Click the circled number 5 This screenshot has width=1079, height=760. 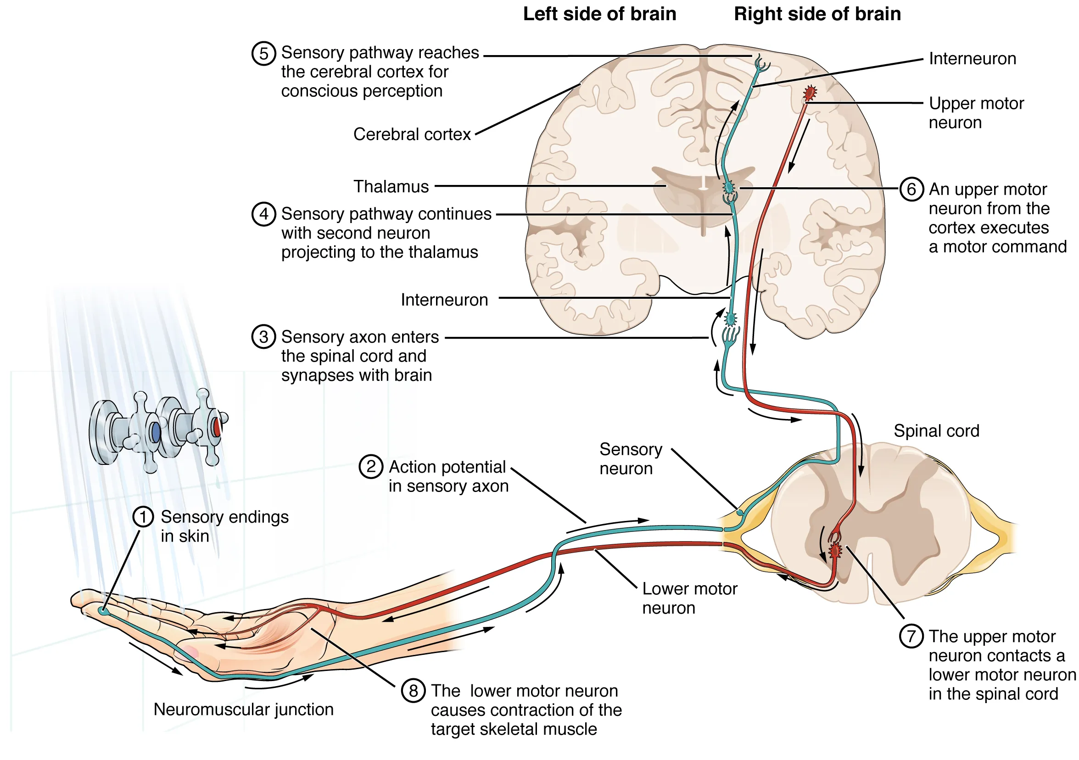coord(263,53)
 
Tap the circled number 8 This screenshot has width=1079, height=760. coord(413,690)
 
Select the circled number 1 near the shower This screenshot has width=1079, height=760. coord(143,517)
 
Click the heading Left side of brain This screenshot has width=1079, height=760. coord(599,14)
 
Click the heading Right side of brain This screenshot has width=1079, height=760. coord(817,14)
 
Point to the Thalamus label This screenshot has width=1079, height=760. coord(391,187)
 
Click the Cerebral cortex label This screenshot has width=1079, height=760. coord(412,134)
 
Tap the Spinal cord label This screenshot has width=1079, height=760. coord(936,430)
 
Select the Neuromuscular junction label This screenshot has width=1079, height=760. coord(243,709)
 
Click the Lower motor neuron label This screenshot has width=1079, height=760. coord(689,598)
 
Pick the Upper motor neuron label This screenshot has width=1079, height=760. coord(976,113)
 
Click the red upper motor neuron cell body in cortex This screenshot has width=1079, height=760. coord(809,93)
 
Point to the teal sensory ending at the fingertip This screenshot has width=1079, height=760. coord(104,611)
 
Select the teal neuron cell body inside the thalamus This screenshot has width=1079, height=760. coord(729,188)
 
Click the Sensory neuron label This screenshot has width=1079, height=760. coord(630,459)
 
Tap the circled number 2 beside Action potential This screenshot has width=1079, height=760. coord(371,467)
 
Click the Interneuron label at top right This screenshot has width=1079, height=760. coord(973,59)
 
